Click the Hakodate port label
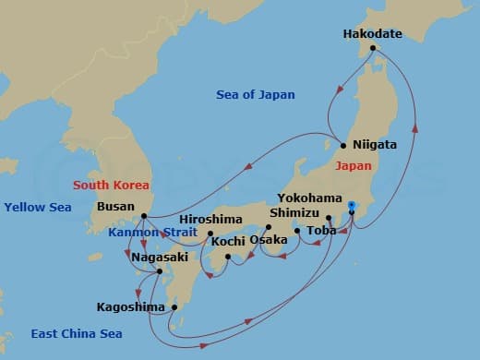point(372,33)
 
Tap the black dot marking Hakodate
point(372,48)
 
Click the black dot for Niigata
point(343,145)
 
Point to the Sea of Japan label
point(252,95)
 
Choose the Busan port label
point(114,207)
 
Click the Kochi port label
point(228,242)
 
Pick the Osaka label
point(269,240)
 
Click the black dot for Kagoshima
point(174,307)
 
